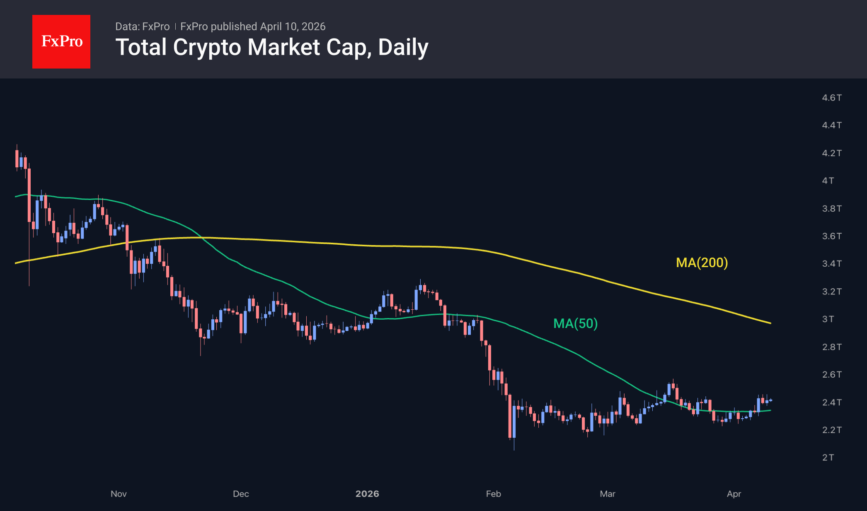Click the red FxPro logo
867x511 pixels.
tap(61, 41)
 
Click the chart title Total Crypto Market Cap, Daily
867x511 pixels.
tap(271, 47)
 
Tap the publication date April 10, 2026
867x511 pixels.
tap(293, 27)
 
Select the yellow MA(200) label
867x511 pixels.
tap(702, 263)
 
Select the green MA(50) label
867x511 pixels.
tap(575, 323)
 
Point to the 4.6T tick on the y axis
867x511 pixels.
tap(831, 98)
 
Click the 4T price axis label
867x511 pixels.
tap(828, 181)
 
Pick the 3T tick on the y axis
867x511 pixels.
tap(828, 319)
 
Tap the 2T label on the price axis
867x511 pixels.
tap(828, 457)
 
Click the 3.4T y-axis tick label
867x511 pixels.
tap(831, 263)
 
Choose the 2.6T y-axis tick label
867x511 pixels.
tap(831, 374)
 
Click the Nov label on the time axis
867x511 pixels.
tap(119, 494)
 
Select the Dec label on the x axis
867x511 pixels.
tap(241, 494)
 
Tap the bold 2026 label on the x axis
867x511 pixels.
tap(367, 494)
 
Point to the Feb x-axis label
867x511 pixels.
tap(493, 494)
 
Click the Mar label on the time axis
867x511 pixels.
tap(608, 494)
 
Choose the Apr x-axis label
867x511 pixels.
tap(734, 494)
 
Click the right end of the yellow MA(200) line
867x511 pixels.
tap(770, 323)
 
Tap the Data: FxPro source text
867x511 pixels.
tap(142, 27)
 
